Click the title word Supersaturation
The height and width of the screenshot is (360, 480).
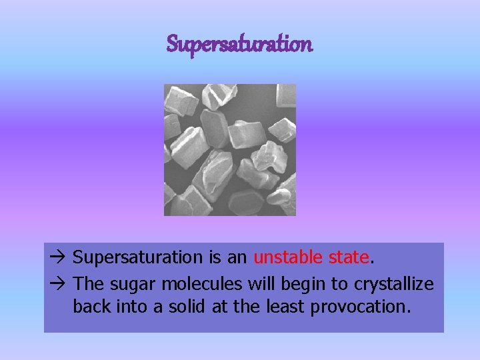tap(239, 45)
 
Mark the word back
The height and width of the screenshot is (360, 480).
tap(89, 307)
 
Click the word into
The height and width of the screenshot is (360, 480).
tap(127, 307)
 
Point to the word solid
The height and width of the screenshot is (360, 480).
tap(177, 307)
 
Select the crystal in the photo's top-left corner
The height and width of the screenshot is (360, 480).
tap(180, 100)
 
